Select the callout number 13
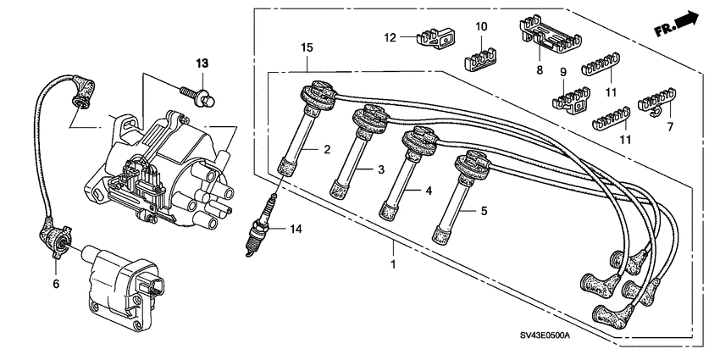(x=201, y=64)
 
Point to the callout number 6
(x=57, y=285)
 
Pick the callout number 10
(x=480, y=27)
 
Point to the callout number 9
(x=562, y=73)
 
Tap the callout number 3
(x=382, y=170)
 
